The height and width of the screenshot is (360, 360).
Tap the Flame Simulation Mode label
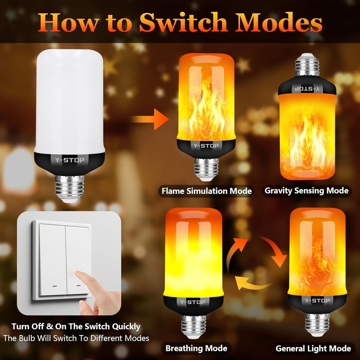(x=206, y=191)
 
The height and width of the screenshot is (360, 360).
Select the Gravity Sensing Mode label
(x=306, y=191)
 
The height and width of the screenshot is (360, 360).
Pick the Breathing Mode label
(x=196, y=348)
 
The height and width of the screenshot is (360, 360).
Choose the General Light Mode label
(x=313, y=348)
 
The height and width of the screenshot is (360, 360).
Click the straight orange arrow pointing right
(x=150, y=120)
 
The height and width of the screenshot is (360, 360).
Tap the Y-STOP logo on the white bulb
(x=69, y=160)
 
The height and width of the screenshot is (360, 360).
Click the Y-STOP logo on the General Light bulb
(x=317, y=301)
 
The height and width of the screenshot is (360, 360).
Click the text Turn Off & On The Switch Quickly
(x=76, y=326)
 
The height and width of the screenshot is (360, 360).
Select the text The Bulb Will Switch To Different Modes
(x=76, y=338)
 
